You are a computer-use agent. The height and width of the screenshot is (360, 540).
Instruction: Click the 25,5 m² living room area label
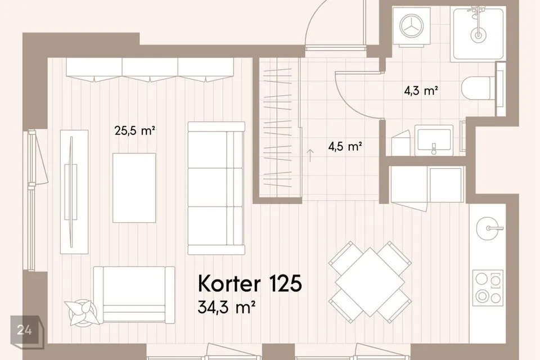tap(134, 131)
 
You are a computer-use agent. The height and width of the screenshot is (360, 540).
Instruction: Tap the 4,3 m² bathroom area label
tap(421, 91)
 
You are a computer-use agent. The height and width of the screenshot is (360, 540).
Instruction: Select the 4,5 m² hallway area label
tap(345, 147)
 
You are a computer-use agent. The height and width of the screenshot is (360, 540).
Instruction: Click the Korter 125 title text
tap(250, 283)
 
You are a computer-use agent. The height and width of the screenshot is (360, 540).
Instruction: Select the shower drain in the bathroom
tap(478, 34)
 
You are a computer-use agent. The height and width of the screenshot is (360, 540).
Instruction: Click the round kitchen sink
tap(490, 228)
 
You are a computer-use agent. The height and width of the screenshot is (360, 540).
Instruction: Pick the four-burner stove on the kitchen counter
tap(488, 287)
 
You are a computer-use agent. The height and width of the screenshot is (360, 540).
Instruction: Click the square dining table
tap(370, 282)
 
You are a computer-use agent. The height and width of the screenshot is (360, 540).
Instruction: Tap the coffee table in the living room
tap(134, 188)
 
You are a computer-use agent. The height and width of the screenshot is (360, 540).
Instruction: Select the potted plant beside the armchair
tap(82, 312)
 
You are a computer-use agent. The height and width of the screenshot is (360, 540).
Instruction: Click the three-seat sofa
tap(216, 188)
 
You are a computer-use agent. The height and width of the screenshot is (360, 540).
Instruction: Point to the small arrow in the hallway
tap(310, 155)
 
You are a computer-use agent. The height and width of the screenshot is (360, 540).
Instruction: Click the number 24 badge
tap(25, 330)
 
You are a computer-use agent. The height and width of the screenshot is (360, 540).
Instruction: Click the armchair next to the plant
tap(134, 295)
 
